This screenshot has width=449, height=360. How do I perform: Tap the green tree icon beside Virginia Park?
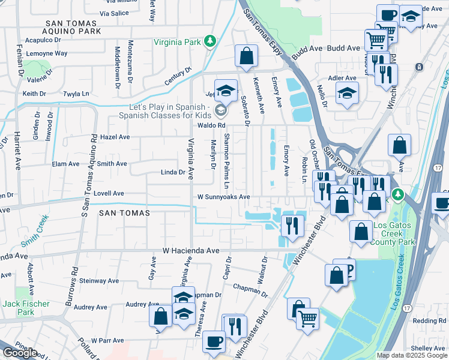coord(209,41)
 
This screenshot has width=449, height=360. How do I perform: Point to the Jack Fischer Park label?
coord(26,308)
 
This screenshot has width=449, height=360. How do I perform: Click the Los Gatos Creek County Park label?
coord(393,234)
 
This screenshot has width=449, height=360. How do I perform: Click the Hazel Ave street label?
coord(115,137)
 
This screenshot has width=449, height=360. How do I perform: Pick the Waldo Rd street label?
coord(211,125)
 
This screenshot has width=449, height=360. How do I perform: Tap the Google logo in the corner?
coord(20,353)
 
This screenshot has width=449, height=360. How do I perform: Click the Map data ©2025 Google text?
coord(412,355)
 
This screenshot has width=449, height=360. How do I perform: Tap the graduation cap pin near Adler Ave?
coord(347,93)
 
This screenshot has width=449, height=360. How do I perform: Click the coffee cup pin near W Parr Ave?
coord(214,341)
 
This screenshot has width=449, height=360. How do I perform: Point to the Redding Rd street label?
coord(429,321)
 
